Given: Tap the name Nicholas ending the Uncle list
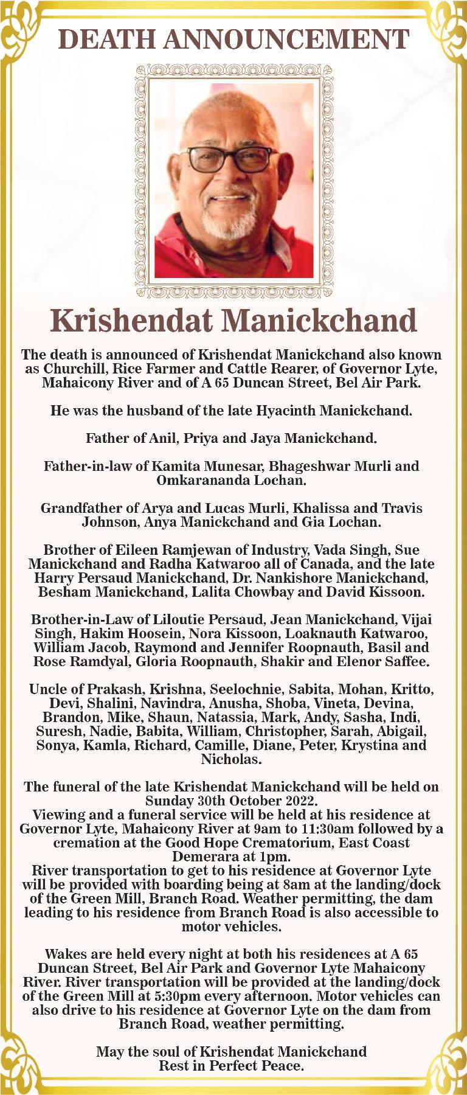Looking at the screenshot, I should pyautogui.click(x=231, y=759).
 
